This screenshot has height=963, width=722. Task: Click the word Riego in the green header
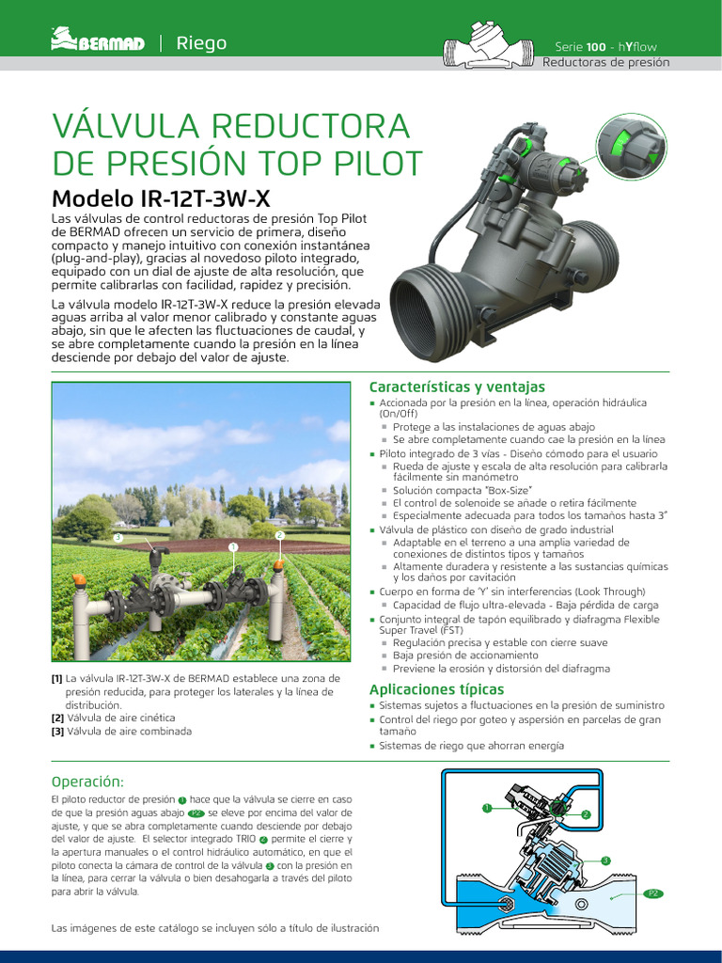coord(202,43)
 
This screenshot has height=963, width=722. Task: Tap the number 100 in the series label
coord(596,46)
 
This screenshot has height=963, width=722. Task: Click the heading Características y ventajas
coord(457,387)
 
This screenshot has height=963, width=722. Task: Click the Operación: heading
coord(87,781)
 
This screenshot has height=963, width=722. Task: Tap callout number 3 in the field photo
coord(118,537)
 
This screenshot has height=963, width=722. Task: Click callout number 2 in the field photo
coord(279,535)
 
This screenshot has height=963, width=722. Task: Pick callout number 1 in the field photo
coord(232,546)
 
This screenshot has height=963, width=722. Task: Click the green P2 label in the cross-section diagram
coord(653,893)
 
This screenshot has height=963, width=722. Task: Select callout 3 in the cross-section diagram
coord(605,860)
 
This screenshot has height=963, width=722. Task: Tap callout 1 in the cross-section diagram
coord(487,808)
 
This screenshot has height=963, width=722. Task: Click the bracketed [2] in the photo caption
coord(57,718)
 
